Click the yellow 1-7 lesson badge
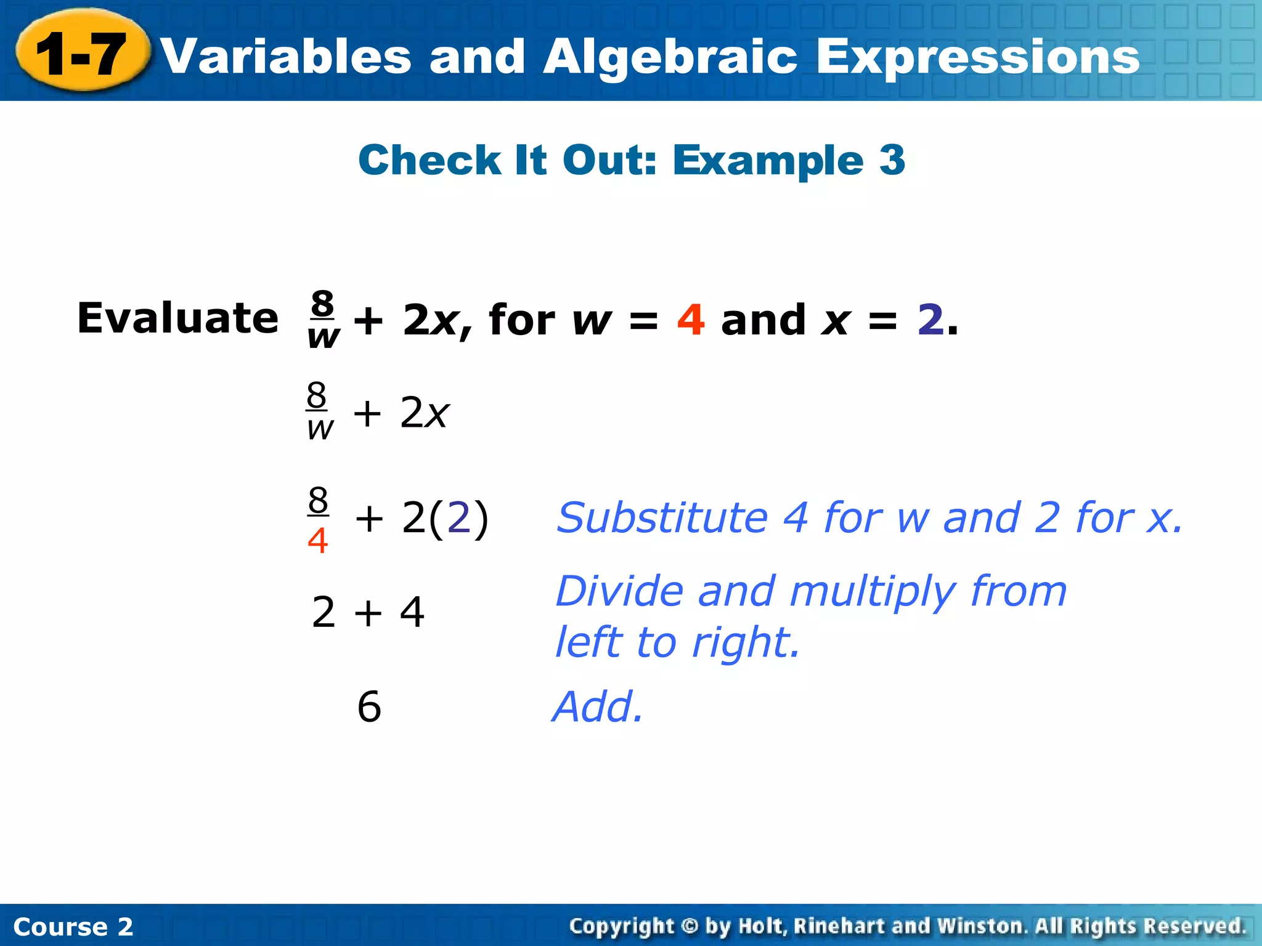[x=82, y=54]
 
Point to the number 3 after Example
[x=892, y=160]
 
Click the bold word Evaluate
[x=177, y=318]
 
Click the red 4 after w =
[x=690, y=320]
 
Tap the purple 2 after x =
[x=930, y=320]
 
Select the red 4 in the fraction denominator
[x=317, y=541]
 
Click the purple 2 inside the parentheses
[x=458, y=517]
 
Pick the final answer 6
[x=369, y=706]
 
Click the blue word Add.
[x=597, y=706]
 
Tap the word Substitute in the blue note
[x=662, y=517]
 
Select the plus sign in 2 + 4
[x=368, y=613]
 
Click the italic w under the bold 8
[x=324, y=337]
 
